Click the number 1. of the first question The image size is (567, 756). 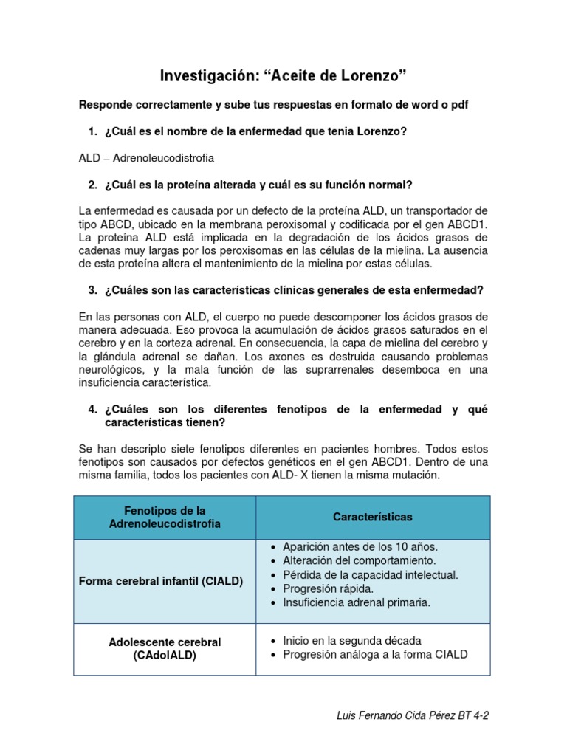92,131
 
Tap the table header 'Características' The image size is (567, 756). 373,518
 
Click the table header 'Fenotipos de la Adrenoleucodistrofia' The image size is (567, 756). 165,518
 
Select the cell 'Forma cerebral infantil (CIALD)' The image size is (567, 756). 160,581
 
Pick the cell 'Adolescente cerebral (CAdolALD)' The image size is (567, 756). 165,648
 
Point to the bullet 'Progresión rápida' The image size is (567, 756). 328,588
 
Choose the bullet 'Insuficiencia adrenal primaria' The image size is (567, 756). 356,602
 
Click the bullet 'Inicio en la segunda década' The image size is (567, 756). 352,640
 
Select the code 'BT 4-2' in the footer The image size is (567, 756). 473,716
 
